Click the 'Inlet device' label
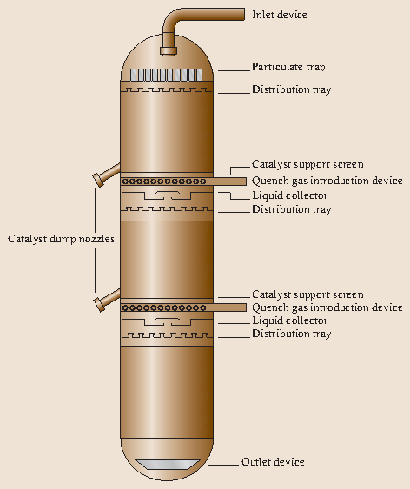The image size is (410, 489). coord(279,14)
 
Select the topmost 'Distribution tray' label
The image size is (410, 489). coord(291,89)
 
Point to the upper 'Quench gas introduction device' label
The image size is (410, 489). coord(327,181)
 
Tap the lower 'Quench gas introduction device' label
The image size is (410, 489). coord(327,307)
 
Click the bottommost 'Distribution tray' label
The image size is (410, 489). coord(291,334)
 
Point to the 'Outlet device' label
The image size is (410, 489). coord(273,462)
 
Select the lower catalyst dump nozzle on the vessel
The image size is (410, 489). coord(106,297)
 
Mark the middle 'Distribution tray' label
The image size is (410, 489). coord(291,209)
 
